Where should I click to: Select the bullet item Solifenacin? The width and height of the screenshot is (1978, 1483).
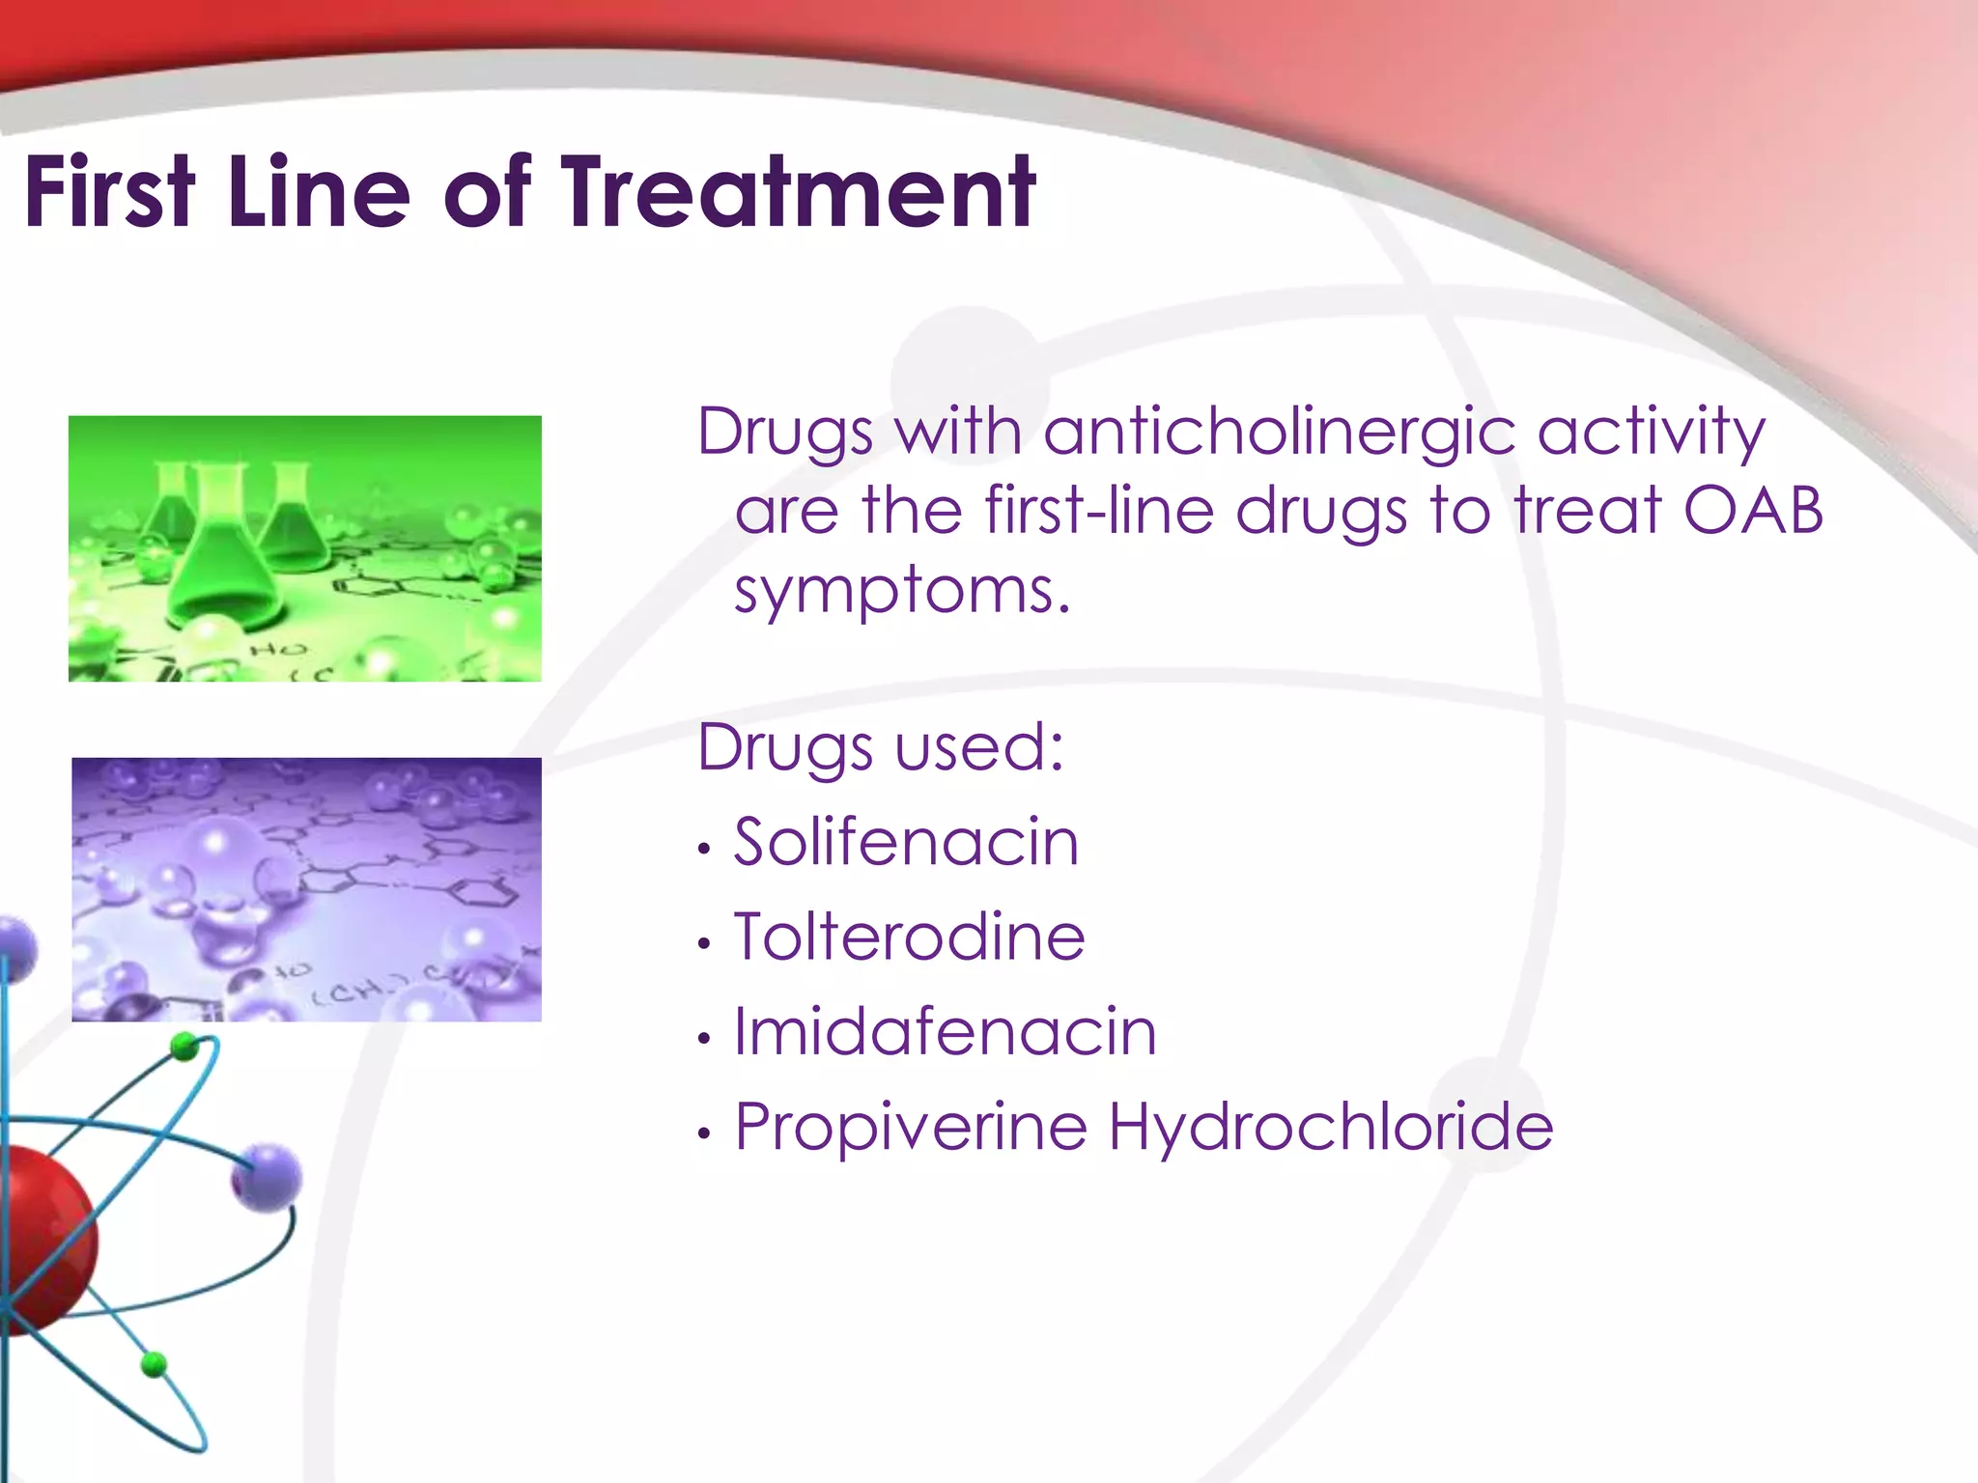906,842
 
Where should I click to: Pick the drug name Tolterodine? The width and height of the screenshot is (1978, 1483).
910,937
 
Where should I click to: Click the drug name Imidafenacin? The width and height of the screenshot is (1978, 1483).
945,1031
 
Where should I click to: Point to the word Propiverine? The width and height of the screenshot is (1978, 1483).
911,1127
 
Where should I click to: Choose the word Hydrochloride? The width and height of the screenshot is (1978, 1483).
1330,1126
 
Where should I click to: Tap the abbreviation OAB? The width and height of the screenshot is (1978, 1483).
1752,510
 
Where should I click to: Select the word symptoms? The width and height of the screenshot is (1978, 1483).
902,591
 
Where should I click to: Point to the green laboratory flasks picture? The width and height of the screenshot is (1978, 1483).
305,548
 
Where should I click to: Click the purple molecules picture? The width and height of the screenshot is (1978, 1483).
306,889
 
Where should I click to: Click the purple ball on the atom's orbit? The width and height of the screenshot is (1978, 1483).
267,1177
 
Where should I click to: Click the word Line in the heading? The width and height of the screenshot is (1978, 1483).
320,192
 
